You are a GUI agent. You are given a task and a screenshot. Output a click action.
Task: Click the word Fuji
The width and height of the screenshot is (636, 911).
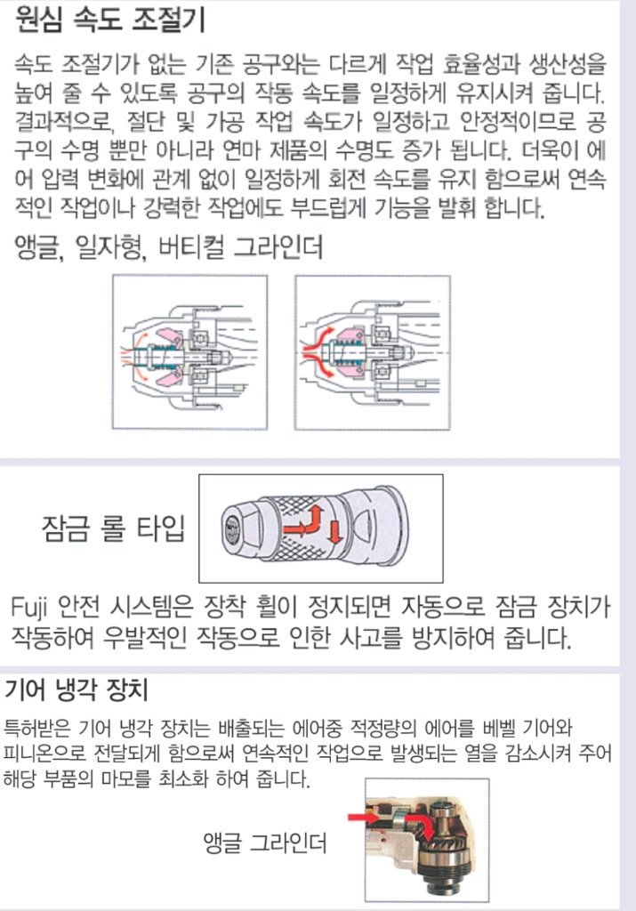coord(35,609)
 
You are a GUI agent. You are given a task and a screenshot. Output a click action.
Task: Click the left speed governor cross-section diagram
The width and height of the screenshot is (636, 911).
coord(189,353)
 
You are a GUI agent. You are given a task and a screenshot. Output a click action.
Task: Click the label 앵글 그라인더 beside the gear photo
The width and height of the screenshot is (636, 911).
coord(264,842)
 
